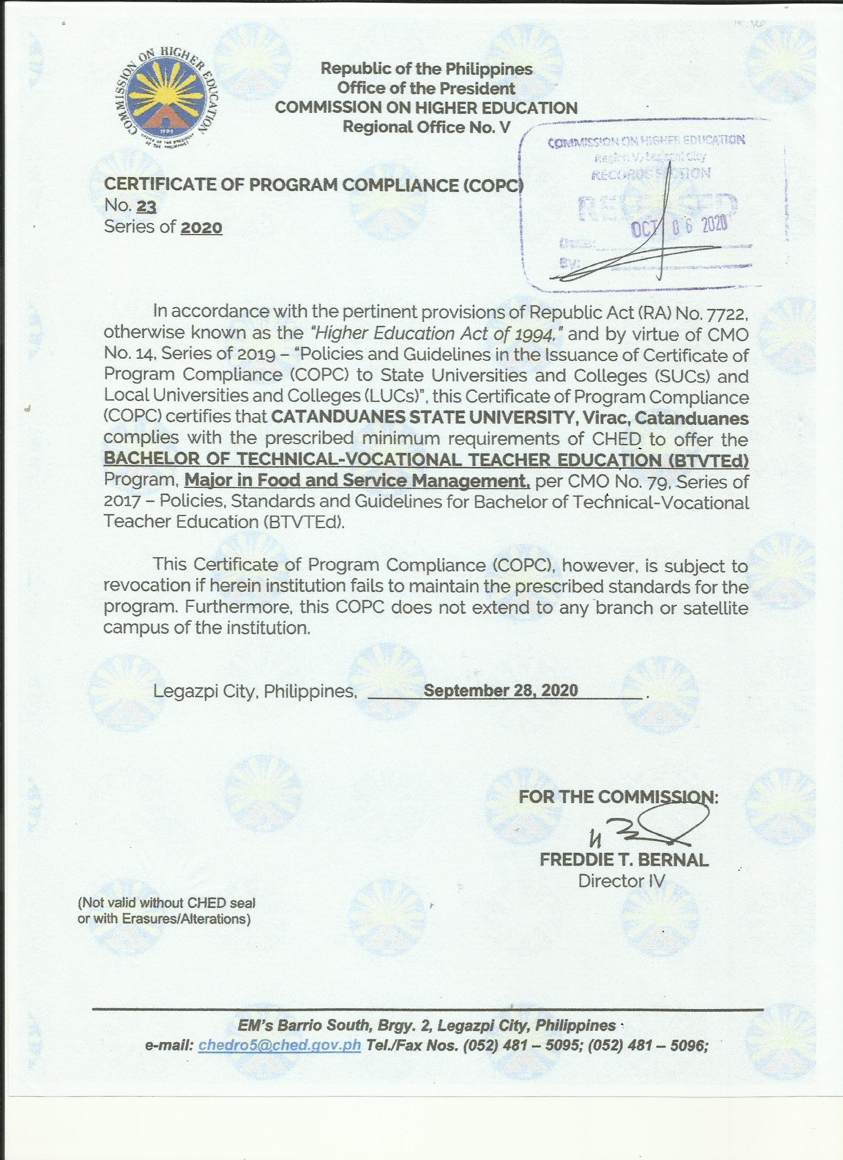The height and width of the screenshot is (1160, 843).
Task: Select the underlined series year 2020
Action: tap(201, 227)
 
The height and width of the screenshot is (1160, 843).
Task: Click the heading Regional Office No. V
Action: tap(426, 127)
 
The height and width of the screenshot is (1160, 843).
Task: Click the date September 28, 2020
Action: tap(501, 690)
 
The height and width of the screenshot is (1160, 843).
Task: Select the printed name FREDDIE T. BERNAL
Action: tap(624, 860)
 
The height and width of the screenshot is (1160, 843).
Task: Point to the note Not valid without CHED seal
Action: tap(166, 902)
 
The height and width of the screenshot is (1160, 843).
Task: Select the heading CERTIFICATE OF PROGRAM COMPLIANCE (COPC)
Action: tap(314, 185)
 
